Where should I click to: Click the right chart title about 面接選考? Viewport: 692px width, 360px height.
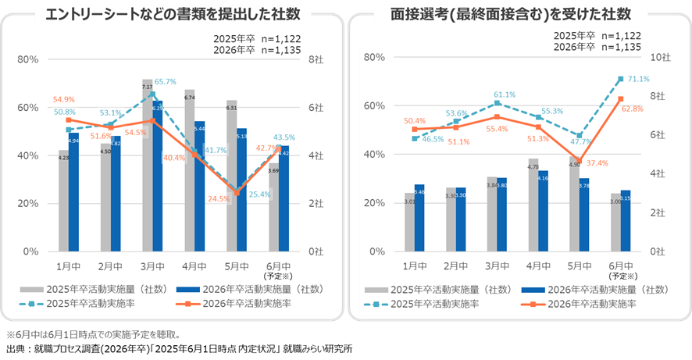(513, 15)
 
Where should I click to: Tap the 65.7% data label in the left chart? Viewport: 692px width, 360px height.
(164, 82)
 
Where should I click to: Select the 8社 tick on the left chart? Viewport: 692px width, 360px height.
(317, 59)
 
